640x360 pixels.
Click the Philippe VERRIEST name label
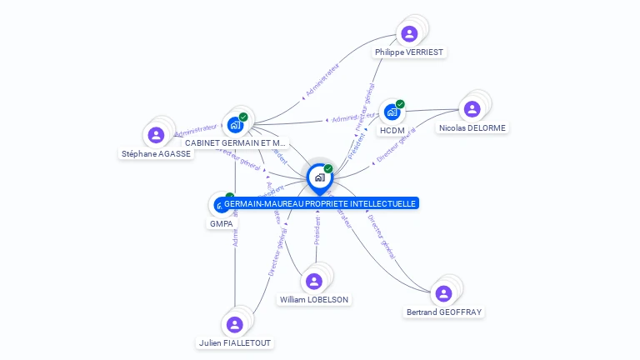click(x=409, y=52)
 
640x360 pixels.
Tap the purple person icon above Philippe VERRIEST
click(x=409, y=33)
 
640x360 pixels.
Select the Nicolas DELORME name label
click(x=472, y=127)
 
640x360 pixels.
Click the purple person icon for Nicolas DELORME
click(x=472, y=108)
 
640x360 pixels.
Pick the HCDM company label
click(x=391, y=131)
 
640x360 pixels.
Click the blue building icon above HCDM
click(x=391, y=112)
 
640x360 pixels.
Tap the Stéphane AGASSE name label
click(x=156, y=153)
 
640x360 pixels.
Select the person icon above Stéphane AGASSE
click(x=156, y=134)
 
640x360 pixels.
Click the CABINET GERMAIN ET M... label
click(x=235, y=142)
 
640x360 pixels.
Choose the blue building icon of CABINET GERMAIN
click(x=235, y=124)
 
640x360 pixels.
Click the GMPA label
click(x=221, y=223)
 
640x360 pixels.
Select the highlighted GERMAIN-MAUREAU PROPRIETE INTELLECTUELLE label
click(x=320, y=203)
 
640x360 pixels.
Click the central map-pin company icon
click(x=319, y=177)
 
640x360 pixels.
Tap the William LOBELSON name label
click(x=314, y=299)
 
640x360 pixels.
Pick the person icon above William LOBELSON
click(x=314, y=281)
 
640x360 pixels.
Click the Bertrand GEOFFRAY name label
click(x=443, y=312)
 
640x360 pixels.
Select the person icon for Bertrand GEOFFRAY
click(x=443, y=293)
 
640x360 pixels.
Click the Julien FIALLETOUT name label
click(x=235, y=342)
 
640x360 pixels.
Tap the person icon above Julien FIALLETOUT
click(x=235, y=324)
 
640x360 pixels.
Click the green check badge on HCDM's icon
click(x=400, y=104)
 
